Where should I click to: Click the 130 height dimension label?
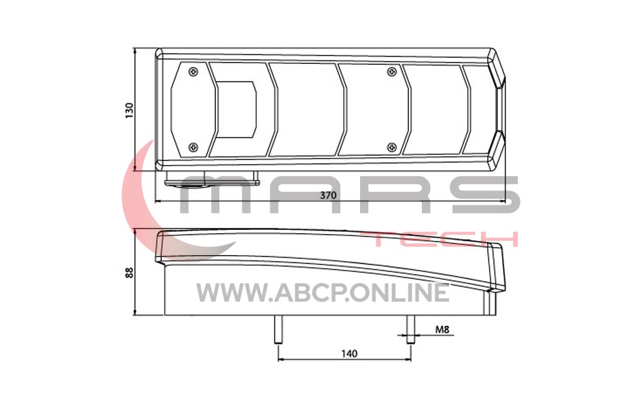point(129,111)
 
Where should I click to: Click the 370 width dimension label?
point(328,195)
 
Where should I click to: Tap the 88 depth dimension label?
point(129,273)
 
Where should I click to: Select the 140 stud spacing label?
point(349,353)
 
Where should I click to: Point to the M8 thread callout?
point(442,329)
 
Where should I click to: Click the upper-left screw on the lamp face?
point(193,73)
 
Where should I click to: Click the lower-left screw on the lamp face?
point(193,147)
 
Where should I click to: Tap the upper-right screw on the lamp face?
point(392,73)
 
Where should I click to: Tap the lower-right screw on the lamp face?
point(392,147)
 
